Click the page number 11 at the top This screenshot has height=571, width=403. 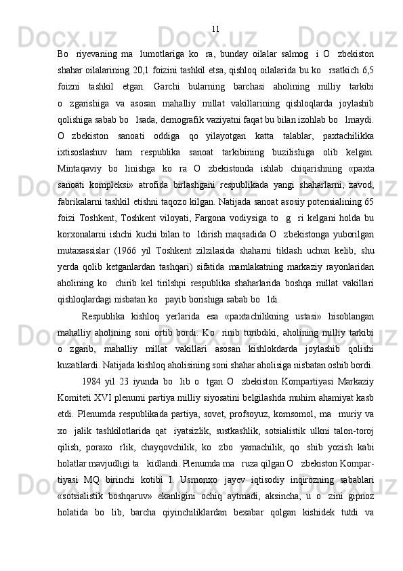click(x=215, y=29)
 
